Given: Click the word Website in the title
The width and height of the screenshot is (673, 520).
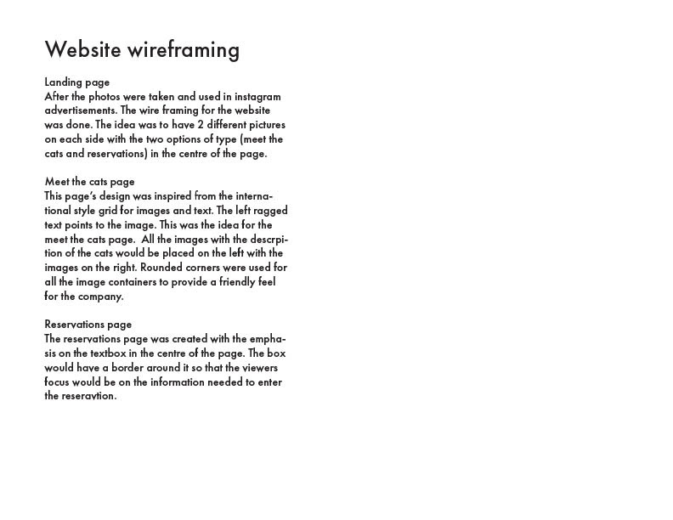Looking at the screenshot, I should pos(82,50).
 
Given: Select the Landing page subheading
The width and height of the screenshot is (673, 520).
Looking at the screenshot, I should pos(76,82).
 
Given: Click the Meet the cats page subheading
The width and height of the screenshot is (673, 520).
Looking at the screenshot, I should pos(89,182).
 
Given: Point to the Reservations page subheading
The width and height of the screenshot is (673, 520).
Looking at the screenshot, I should pos(88,325).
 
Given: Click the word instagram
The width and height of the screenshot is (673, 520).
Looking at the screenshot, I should pos(256,97).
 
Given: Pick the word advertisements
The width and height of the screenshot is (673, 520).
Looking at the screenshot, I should pos(80,110).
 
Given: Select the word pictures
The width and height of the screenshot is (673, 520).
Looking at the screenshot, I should pos(267,125).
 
